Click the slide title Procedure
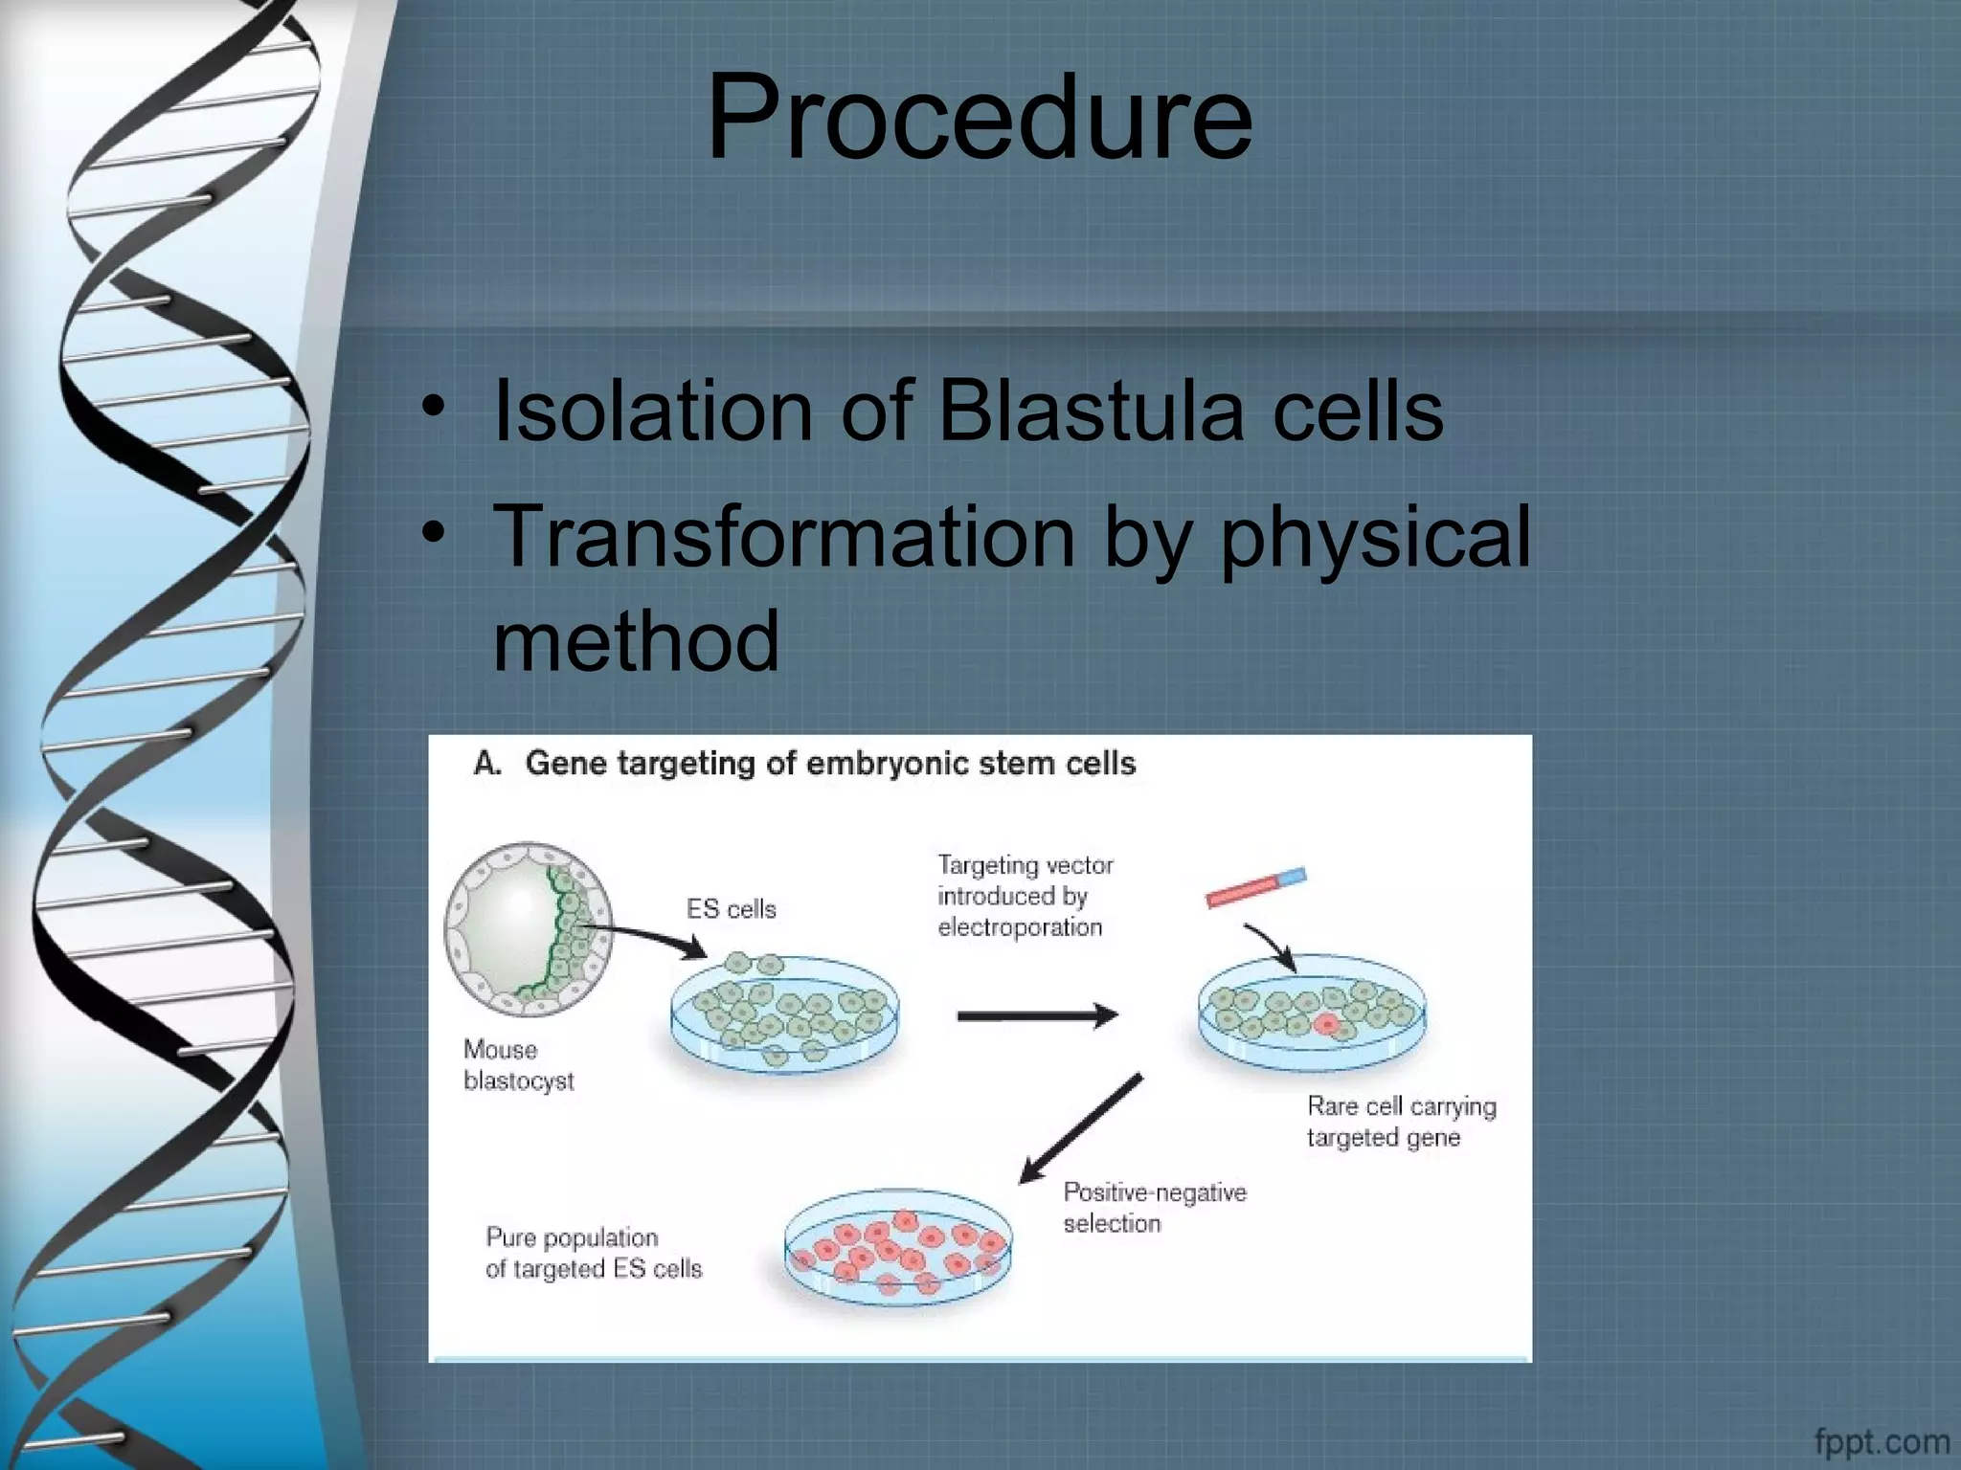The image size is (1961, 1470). pos(979,119)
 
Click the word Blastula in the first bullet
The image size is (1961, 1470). pos(1091,412)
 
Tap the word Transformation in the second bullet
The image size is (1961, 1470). pos(783,537)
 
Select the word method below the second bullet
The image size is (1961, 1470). pos(636,640)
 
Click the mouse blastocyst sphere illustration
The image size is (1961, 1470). pos(527,928)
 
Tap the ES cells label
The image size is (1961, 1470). pos(731,909)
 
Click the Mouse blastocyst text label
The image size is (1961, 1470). pos(518,1065)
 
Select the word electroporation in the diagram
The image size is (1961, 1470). pos(1020,927)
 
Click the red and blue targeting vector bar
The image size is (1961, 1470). pos(1255,887)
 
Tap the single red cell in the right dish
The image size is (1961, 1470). pos(1326,1025)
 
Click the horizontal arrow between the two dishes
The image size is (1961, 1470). pos(1036,1015)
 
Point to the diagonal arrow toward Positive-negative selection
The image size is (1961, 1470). pos(1080,1129)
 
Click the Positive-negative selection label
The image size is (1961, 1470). pos(1154,1208)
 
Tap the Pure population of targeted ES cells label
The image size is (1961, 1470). pos(593,1253)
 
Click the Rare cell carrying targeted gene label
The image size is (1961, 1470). pos(1400,1122)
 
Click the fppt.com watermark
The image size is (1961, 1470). pos(1881,1441)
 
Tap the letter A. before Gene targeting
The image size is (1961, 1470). pos(487,764)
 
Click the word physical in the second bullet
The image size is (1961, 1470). pos(1375,539)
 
